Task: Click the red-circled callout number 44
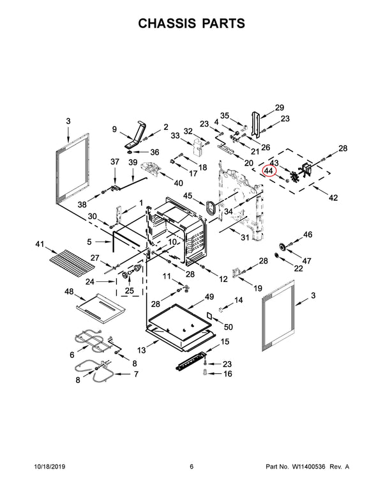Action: tap(268, 171)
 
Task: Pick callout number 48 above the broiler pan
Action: tap(70, 292)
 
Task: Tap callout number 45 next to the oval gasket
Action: tap(188, 195)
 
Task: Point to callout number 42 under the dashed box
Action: tap(333, 198)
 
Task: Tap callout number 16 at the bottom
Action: tap(227, 374)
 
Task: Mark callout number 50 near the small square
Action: tap(228, 327)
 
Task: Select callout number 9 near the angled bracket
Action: tap(114, 130)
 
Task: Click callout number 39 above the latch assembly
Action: tap(133, 163)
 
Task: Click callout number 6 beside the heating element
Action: tap(71, 354)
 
